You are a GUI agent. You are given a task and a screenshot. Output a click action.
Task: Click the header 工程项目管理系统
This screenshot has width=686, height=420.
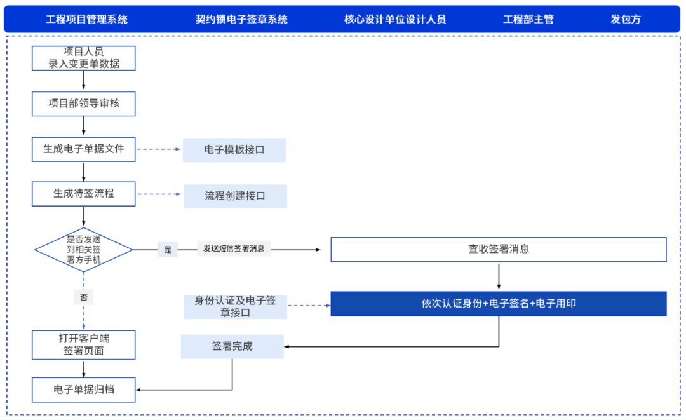[87, 19]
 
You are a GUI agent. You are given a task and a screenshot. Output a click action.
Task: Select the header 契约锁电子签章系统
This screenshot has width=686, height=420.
[241, 19]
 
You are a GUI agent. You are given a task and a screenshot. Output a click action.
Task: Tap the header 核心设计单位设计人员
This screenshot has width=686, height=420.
[395, 19]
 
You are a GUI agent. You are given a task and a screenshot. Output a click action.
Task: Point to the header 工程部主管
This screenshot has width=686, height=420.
[528, 19]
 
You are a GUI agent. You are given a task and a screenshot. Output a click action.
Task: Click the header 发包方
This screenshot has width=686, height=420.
[626, 19]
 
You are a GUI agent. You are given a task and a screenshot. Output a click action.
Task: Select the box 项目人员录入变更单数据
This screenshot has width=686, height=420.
[84, 57]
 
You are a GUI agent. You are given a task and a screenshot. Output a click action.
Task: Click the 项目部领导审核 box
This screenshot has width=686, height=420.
[84, 104]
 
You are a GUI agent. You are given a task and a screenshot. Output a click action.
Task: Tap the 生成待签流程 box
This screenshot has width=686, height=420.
[84, 193]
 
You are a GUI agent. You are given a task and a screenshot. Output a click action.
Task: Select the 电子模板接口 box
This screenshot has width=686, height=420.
[234, 150]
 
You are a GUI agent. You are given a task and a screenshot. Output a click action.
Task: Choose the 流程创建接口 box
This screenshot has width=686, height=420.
[235, 196]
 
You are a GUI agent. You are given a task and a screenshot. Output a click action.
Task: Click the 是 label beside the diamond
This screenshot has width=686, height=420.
[168, 250]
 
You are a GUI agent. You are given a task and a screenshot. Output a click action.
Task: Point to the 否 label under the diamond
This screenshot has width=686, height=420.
[84, 297]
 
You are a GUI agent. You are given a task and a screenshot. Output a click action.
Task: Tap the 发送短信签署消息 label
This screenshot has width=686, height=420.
[234, 248]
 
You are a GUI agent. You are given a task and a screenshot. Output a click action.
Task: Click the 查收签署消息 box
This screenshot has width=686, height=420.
[499, 249]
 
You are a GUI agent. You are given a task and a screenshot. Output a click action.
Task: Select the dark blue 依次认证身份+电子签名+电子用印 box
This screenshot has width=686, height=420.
[499, 304]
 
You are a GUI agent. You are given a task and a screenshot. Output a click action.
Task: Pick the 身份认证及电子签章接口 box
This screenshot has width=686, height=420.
[234, 306]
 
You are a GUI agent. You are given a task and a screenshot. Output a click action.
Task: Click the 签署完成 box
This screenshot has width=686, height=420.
[232, 347]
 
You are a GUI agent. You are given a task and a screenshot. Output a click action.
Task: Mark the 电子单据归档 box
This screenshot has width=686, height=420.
[84, 390]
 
